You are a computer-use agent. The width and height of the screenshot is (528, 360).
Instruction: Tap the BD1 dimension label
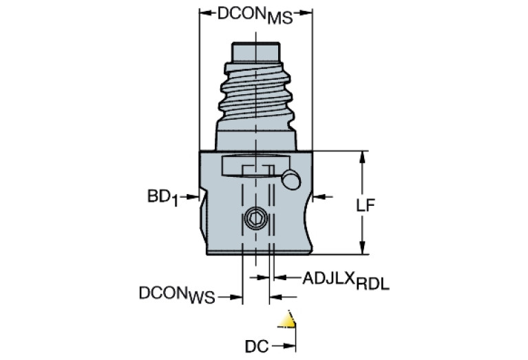click(162, 198)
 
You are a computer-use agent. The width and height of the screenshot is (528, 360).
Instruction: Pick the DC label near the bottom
click(257, 345)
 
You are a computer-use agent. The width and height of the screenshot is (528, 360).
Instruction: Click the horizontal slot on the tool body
click(251, 166)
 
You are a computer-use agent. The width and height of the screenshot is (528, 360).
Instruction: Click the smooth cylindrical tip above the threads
click(255, 51)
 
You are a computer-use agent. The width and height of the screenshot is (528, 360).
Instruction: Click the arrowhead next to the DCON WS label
click(237, 297)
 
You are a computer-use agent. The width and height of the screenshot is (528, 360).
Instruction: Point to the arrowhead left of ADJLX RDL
click(278, 278)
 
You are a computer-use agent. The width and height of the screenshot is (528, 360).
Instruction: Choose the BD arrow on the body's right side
click(319, 198)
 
